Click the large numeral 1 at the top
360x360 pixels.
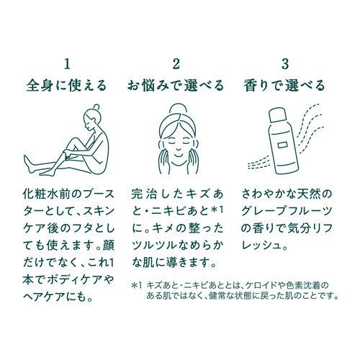tap(68, 64)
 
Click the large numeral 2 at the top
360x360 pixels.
tap(176, 64)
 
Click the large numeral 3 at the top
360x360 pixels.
tap(285, 64)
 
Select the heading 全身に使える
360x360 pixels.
tap(66, 85)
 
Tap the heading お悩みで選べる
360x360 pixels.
tap(176, 85)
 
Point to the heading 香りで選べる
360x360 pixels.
tap(284, 85)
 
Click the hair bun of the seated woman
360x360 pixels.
tap(96, 107)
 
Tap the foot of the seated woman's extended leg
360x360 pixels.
tap(27, 163)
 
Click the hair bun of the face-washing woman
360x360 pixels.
tap(179, 109)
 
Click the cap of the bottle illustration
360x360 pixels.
tap(276, 115)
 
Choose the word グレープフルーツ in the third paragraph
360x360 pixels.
tap(287, 211)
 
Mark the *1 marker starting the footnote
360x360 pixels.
tap(137, 286)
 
